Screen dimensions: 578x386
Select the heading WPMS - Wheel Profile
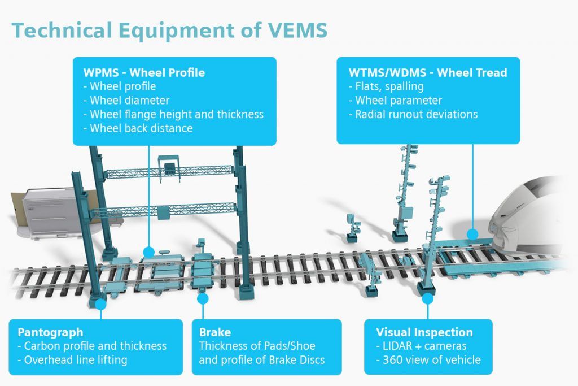click(144, 72)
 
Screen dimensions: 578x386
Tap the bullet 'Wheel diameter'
click(126, 101)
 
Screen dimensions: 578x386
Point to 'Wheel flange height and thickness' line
click(173, 114)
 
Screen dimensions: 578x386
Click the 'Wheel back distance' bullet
click(138, 128)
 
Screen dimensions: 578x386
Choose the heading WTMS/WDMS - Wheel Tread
click(428, 72)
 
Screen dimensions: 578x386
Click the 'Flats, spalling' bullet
click(386, 86)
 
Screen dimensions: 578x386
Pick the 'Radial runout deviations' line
click(413, 114)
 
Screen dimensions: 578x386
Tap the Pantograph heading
click(50, 332)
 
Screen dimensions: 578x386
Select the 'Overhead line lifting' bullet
click(73, 360)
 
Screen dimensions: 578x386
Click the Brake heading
click(215, 332)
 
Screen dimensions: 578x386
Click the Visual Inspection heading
click(424, 332)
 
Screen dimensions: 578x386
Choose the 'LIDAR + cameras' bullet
click(421, 346)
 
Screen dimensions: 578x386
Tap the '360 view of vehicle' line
click(428, 360)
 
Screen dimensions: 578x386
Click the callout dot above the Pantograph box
click(100, 304)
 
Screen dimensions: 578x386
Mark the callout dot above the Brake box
click(203, 298)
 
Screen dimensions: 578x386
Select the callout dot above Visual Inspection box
click(428, 298)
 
